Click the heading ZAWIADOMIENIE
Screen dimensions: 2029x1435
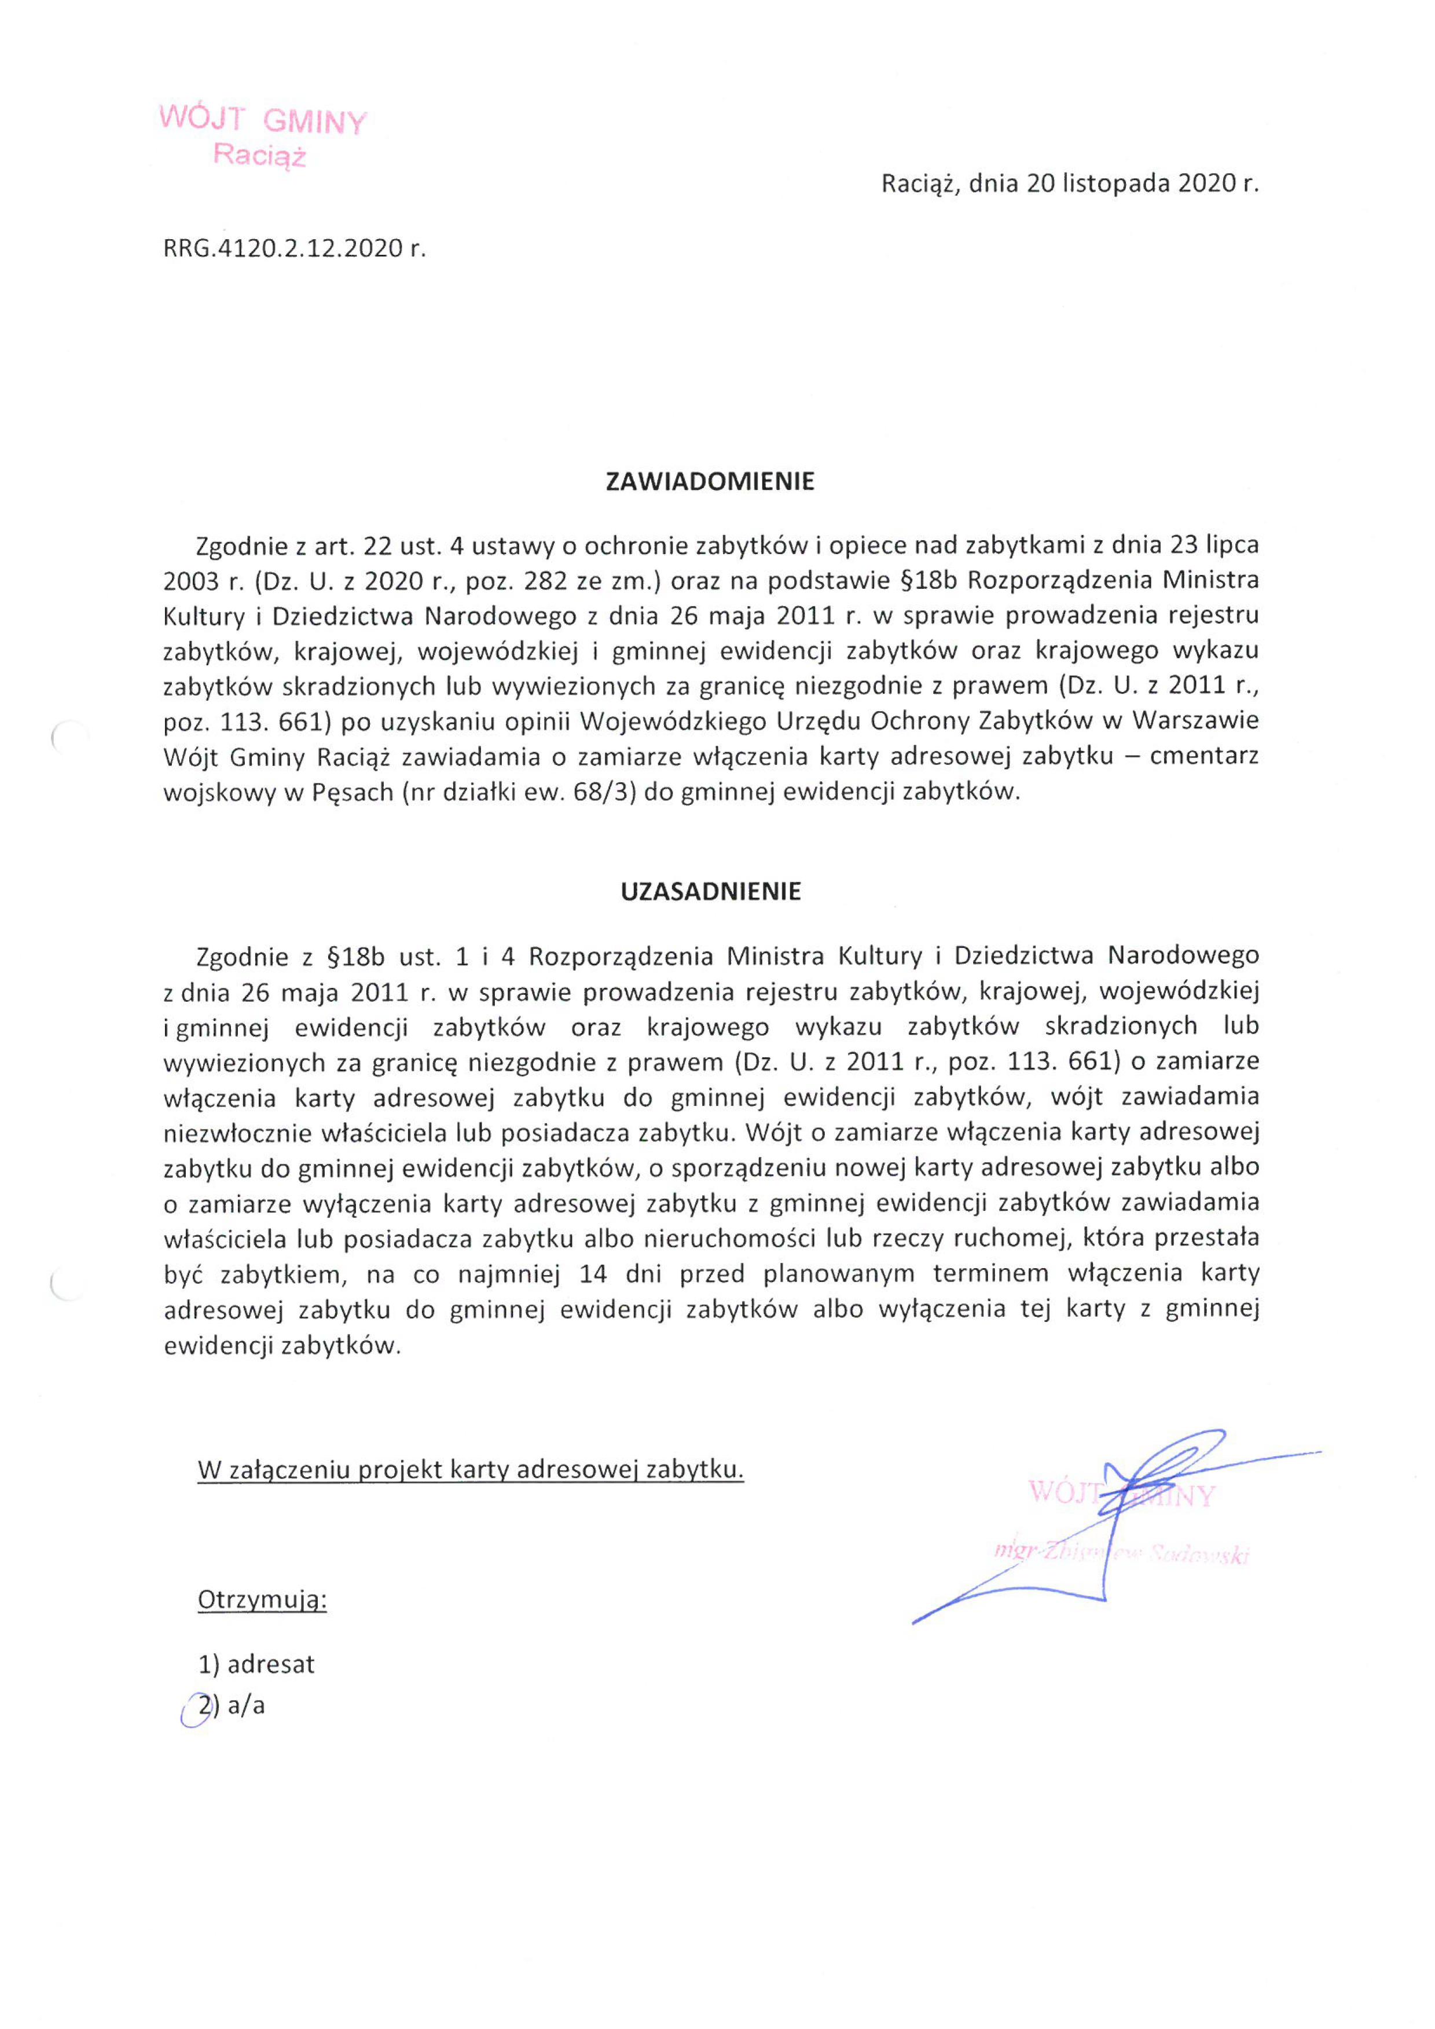[x=710, y=482]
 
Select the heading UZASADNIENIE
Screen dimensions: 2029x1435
[x=710, y=892]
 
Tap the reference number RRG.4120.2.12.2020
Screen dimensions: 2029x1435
[x=285, y=248]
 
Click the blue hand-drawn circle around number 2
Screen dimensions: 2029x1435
[x=195, y=1708]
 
